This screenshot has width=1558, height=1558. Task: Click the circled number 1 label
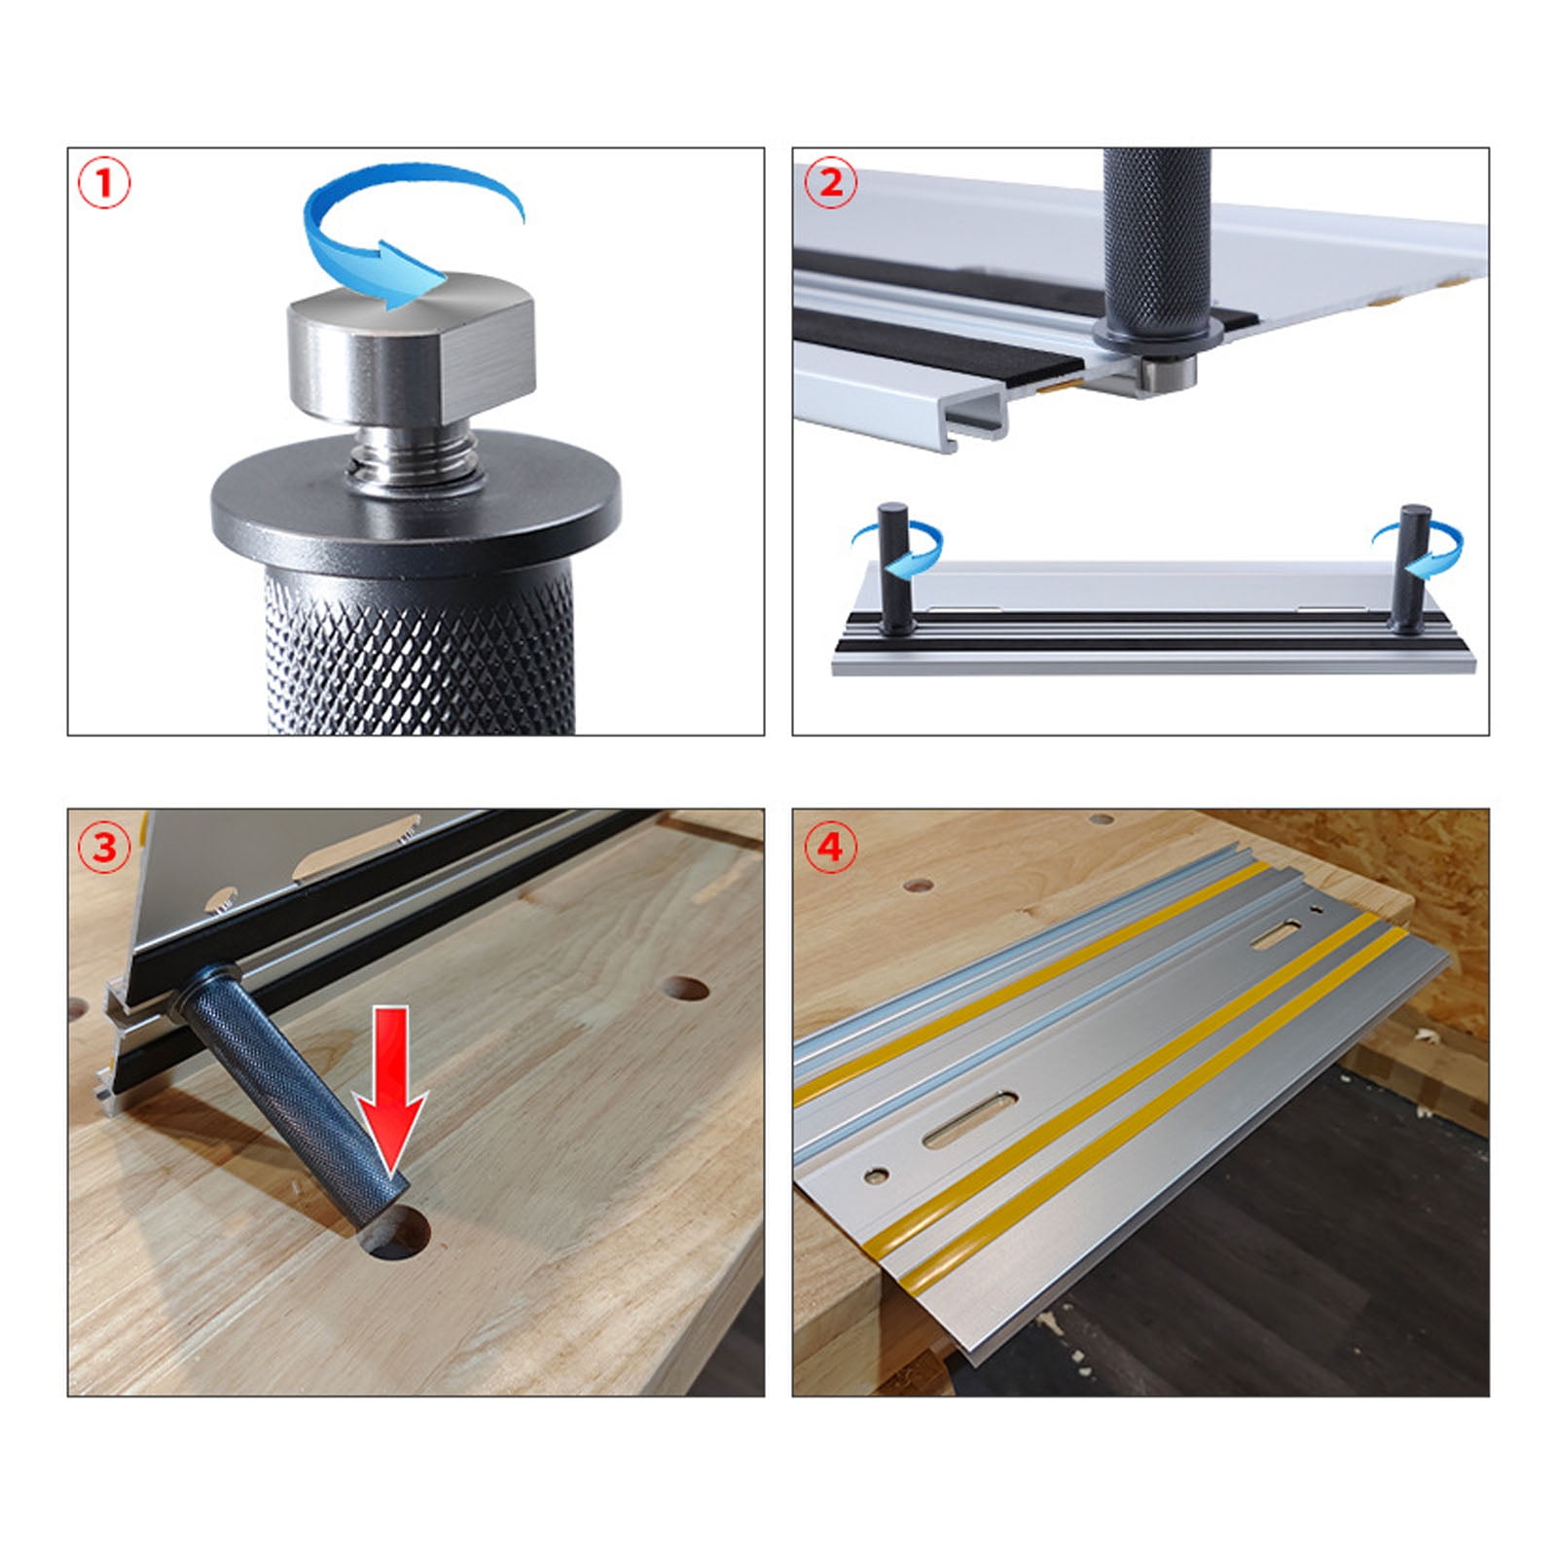103,184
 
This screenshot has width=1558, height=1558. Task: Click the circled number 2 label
829,183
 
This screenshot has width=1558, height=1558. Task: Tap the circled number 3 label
103,847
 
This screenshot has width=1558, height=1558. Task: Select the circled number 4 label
829,847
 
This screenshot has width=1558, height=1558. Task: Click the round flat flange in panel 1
416,506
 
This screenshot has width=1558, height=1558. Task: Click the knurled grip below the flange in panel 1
418,652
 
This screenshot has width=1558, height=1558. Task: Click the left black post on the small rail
891,569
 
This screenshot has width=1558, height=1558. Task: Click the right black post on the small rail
1412,569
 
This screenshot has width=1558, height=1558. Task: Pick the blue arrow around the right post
1431,545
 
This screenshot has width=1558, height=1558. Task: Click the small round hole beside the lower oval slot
876,1177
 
